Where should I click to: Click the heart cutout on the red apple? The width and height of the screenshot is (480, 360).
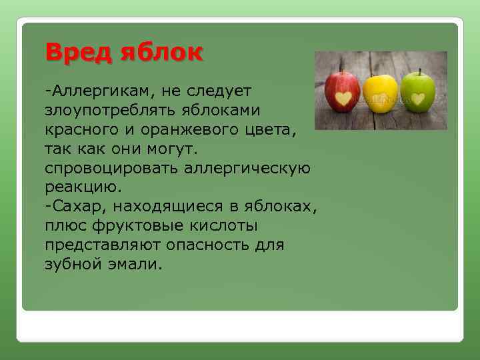(x=343, y=99)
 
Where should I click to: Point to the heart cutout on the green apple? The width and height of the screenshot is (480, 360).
(x=418, y=99)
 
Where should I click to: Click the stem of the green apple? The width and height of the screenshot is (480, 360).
(x=420, y=71)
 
